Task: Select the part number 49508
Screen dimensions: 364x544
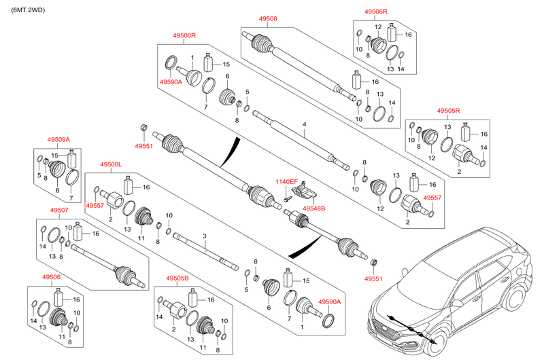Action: click(259, 19)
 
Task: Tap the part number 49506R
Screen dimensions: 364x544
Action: click(376, 12)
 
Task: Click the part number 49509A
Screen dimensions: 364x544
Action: click(58, 139)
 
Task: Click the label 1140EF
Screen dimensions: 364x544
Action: click(286, 181)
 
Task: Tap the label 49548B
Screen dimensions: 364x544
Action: click(313, 208)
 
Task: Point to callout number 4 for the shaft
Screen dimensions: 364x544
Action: click(305, 124)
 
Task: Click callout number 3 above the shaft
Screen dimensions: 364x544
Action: click(204, 235)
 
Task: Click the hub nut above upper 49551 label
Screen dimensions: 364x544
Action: click(143, 127)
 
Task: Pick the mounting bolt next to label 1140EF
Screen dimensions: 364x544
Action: click(288, 198)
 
